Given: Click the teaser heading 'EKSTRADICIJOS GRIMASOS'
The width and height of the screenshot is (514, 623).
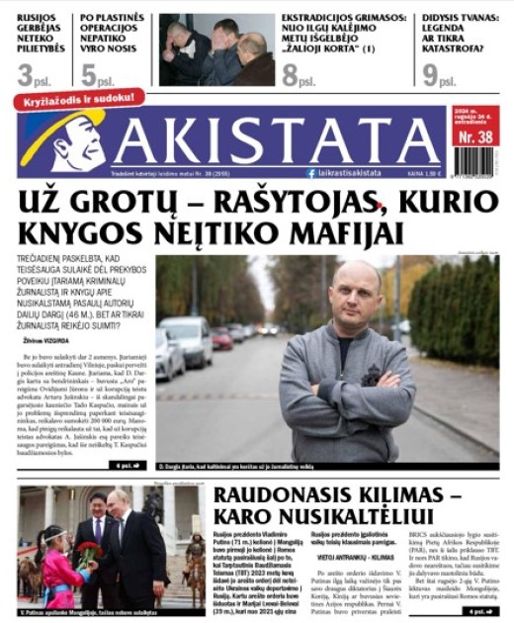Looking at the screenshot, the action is point(342,18).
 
